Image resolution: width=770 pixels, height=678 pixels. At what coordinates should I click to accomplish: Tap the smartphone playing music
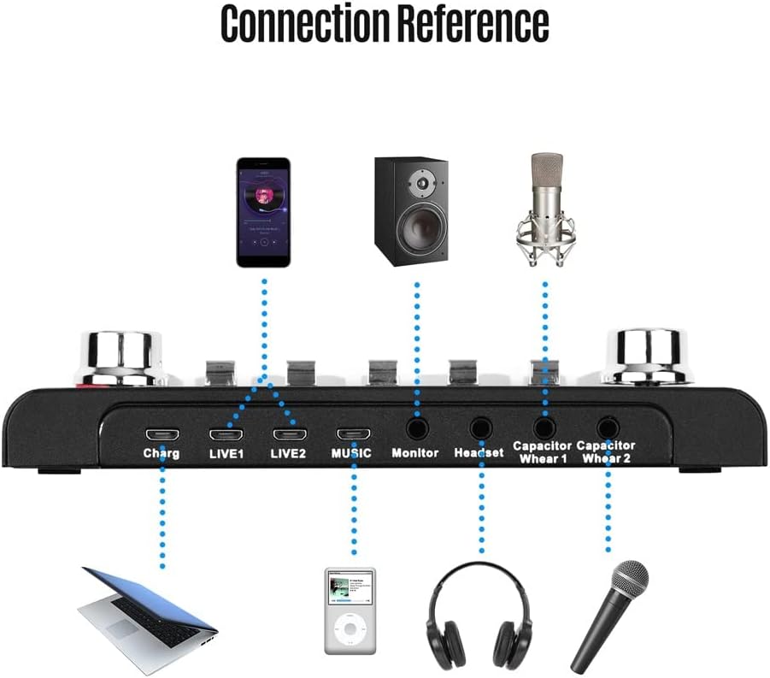tap(264, 211)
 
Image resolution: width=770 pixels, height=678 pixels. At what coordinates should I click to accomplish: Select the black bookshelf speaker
tap(410, 210)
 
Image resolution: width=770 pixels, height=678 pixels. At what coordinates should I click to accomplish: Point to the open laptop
tap(147, 608)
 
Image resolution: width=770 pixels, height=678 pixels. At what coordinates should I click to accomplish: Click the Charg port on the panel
tap(162, 433)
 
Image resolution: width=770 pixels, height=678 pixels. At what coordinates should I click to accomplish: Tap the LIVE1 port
tap(226, 433)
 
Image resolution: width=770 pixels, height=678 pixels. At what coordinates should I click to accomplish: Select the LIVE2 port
tap(289, 433)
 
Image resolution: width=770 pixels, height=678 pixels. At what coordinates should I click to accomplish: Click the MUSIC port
tap(353, 433)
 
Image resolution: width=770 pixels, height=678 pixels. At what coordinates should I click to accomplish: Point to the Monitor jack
tap(416, 427)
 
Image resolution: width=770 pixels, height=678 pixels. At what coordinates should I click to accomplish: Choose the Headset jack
tap(481, 427)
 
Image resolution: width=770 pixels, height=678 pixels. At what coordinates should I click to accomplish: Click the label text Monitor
tap(414, 453)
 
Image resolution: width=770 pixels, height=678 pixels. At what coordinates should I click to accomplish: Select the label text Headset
tap(479, 453)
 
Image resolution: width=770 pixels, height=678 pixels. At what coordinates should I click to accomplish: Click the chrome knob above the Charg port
tap(121, 356)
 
